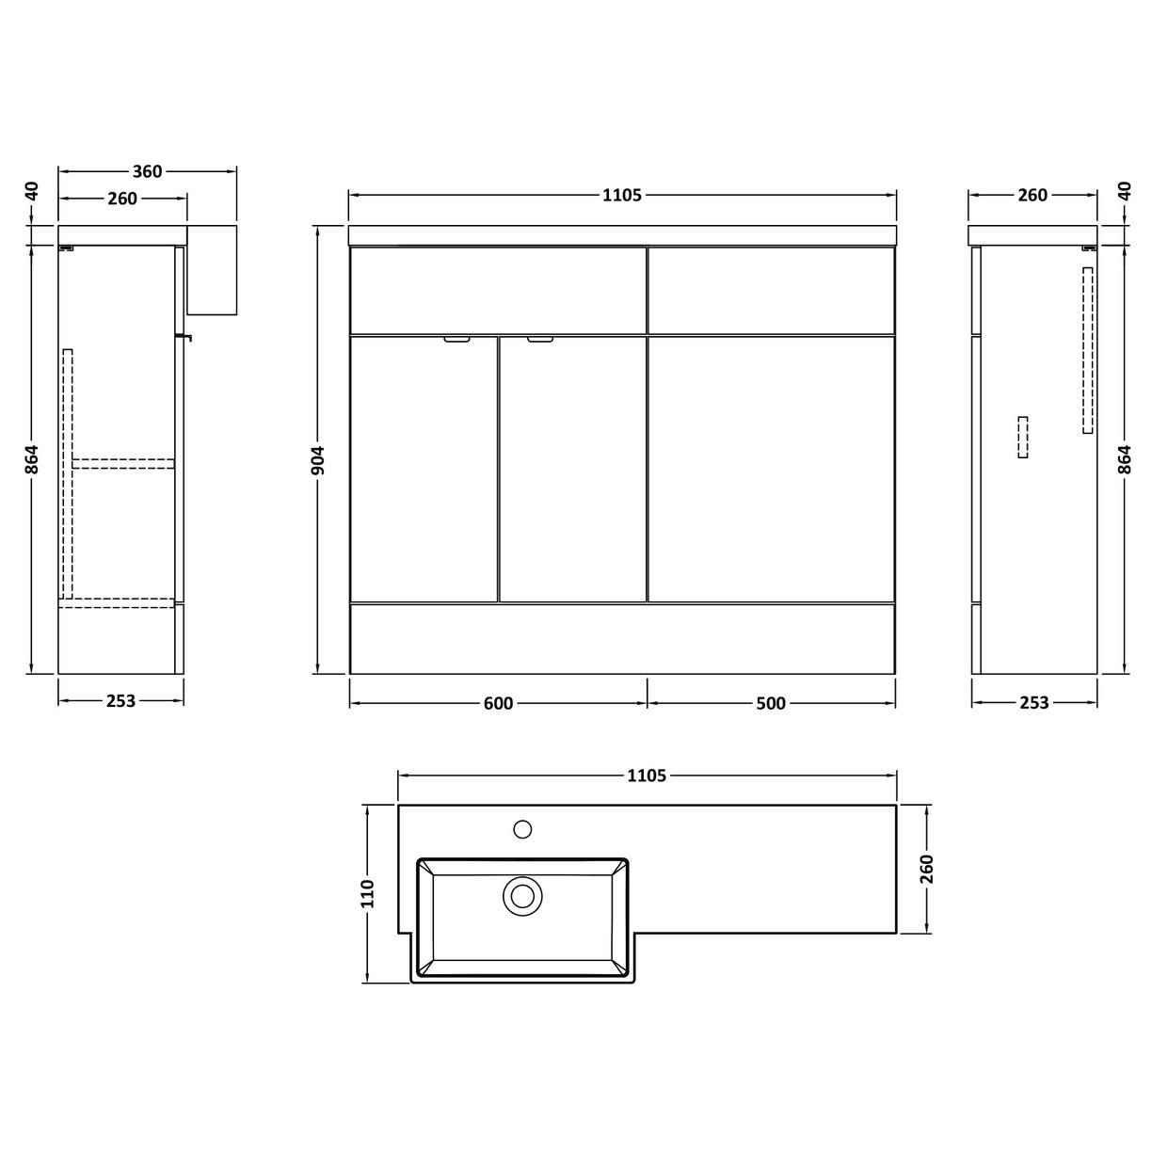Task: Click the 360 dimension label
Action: [x=147, y=171]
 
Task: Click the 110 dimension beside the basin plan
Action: [x=367, y=892]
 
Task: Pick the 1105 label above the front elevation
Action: [x=621, y=195]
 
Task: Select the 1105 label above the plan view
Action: [x=647, y=776]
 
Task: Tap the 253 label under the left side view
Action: [x=121, y=700]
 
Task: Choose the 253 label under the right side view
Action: [x=1033, y=702]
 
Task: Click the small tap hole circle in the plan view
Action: [x=522, y=829]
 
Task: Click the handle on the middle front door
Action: [x=541, y=341]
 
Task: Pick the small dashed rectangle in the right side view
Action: [x=1023, y=437]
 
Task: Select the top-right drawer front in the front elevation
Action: [x=771, y=290]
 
